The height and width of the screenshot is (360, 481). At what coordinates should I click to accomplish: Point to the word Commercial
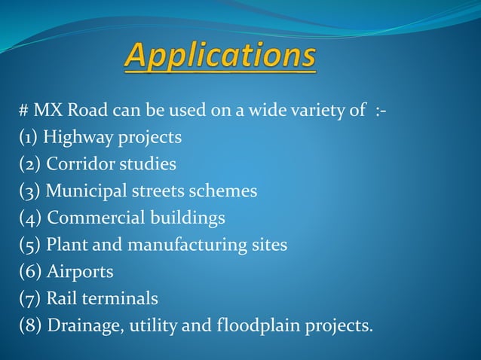[x=94, y=218]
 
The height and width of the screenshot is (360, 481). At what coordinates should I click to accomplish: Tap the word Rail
[x=60, y=299]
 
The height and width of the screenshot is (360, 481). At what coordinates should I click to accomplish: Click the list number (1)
[x=29, y=139]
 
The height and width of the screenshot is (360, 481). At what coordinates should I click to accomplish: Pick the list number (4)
[x=30, y=219]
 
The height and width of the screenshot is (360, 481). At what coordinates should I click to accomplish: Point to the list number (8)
[x=30, y=326]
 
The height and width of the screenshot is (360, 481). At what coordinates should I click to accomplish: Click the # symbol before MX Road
[x=24, y=112]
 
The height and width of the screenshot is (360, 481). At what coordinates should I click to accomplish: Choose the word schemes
[x=228, y=192]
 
